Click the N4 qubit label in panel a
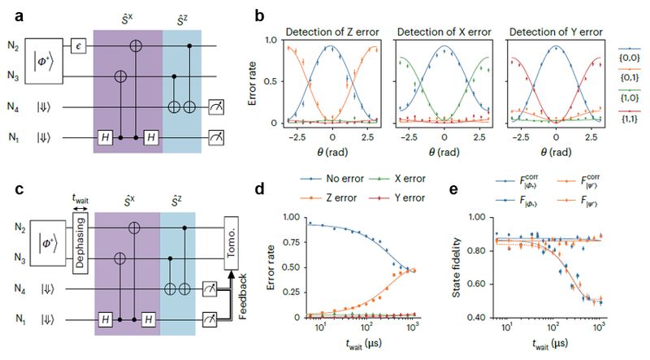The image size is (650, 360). [x=12, y=106]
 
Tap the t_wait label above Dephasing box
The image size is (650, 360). [x=80, y=206]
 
